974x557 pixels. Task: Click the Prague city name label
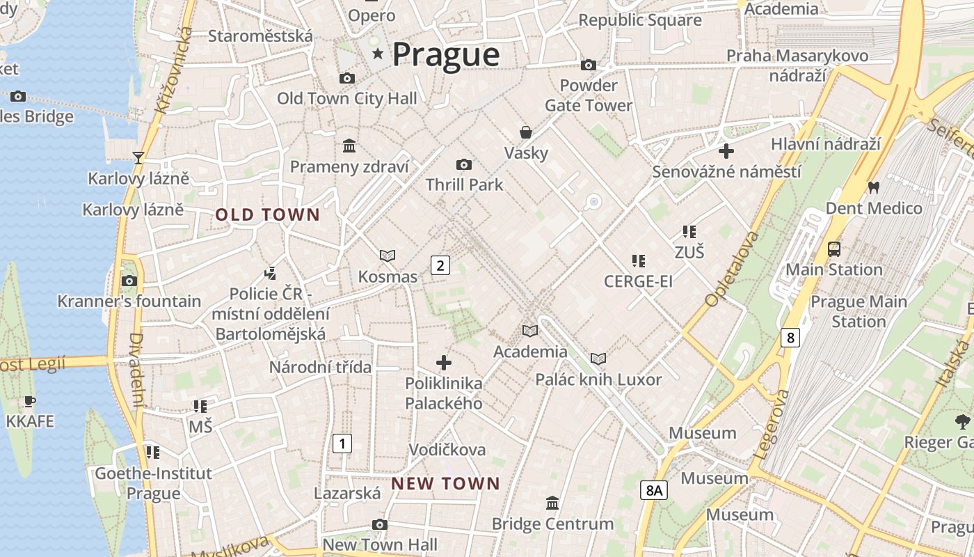446,54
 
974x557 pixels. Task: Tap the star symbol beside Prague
378,54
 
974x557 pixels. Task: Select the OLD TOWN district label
267,215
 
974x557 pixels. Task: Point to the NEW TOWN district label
445,483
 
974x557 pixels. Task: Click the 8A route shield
653,490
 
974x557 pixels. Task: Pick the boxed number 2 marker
440,265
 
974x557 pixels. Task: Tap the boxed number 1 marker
342,443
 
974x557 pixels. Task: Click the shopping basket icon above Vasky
526,132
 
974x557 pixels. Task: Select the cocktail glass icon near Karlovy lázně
138,158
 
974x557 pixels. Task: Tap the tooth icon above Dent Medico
873,187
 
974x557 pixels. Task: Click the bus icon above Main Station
833,249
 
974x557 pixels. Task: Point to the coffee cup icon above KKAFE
29,401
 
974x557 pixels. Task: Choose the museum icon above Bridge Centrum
552,503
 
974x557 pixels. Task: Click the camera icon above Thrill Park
464,164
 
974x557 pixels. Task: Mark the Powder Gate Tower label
589,95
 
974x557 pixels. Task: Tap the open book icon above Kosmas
388,256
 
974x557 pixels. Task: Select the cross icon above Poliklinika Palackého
444,363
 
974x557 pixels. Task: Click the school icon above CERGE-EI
638,261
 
